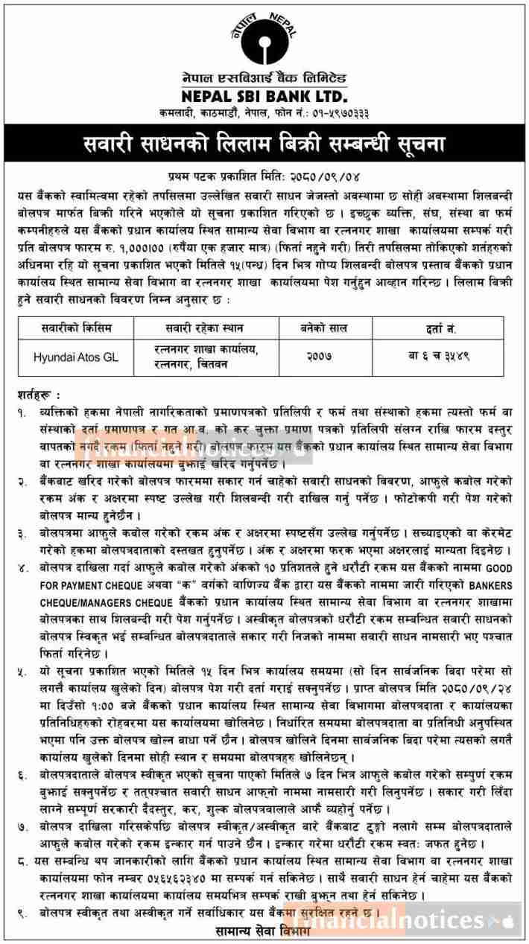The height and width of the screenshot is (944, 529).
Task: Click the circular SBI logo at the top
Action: (264, 36)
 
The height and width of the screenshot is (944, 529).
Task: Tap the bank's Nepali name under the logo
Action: (264, 79)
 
